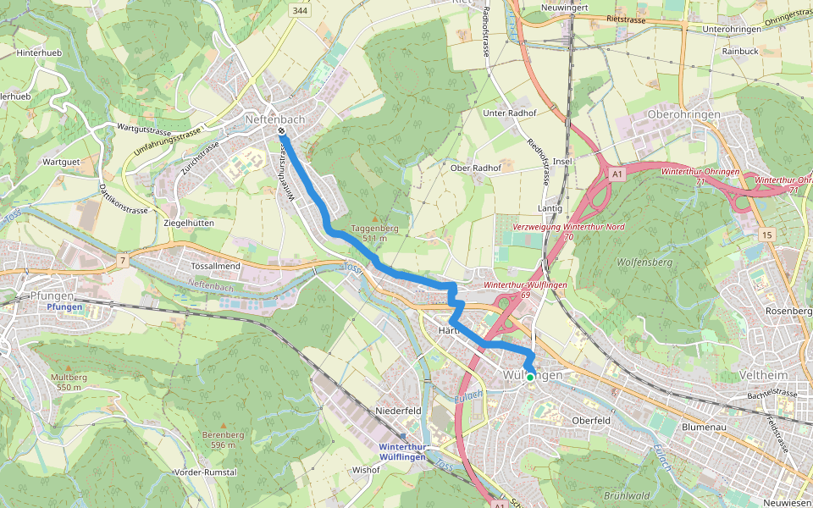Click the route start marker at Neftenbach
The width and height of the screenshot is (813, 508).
pos(281,131)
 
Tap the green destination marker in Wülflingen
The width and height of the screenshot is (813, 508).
pos(530,378)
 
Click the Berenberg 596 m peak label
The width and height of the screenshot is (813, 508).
pos(223,439)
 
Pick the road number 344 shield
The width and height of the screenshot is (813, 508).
pos(298,10)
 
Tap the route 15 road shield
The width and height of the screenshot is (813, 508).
pos(767,234)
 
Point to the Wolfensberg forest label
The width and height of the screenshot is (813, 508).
pos(645,262)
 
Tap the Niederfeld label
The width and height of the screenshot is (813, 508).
pos(399,411)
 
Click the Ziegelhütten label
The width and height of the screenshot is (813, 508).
pos(187,223)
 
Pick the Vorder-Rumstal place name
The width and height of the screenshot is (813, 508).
pos(204,472)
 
